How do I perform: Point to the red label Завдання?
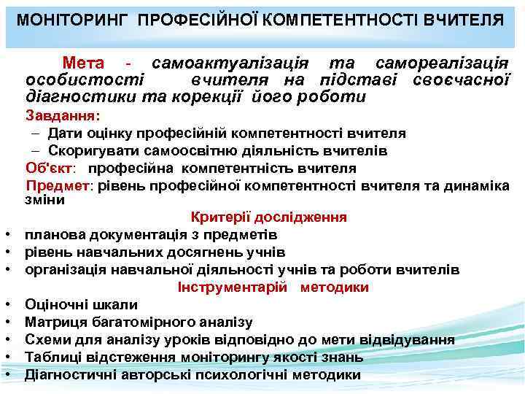(x=63, y=116)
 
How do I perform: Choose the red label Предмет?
(x=59, y=185)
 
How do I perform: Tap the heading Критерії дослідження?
(x=268, y=217)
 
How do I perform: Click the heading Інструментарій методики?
(x=273, y=287)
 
